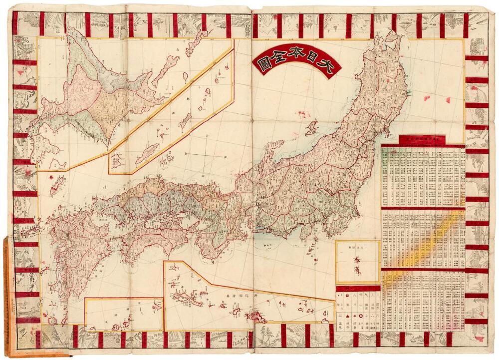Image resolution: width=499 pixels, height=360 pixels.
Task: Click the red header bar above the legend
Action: tap(358, 288)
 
